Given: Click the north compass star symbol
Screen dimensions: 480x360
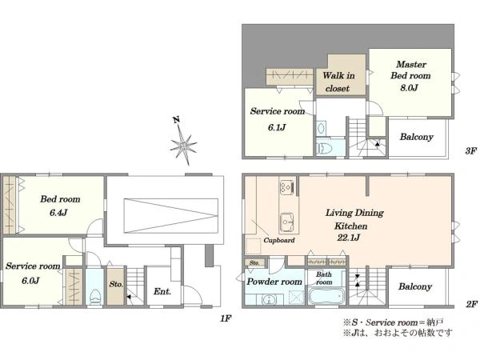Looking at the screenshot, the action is point(183,145).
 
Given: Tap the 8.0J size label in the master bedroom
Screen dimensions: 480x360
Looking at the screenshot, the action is point(410,88).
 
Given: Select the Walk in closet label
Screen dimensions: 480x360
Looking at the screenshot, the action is point(338,82).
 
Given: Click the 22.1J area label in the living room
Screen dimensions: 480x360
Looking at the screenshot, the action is point(348,238).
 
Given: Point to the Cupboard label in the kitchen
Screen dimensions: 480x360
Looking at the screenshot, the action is point(279,240).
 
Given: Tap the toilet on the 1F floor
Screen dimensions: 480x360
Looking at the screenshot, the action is point(94,296).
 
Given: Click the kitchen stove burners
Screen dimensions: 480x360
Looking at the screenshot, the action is point(287,186).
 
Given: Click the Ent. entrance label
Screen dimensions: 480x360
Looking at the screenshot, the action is point(162,291).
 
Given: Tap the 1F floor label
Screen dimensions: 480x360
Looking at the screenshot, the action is point(226,318).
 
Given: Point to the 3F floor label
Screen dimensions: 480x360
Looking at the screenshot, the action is point(471,151).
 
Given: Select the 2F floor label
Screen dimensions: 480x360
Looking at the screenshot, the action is point(471,304).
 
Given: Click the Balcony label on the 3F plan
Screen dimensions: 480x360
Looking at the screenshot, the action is point(417,137).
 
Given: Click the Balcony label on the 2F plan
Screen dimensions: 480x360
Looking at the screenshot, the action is point(415,286).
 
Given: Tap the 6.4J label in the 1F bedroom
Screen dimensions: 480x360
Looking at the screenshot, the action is point(58,213).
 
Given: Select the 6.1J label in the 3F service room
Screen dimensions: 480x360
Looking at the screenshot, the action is point(277,127).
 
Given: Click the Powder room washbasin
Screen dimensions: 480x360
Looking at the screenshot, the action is point(269,299).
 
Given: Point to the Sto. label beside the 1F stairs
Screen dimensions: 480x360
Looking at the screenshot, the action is point(116,284).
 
